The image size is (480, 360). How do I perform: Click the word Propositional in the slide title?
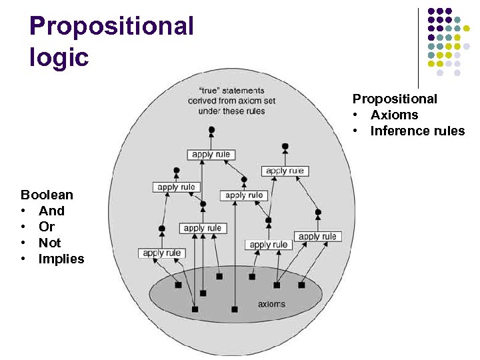pyautogui.click(x=111, y=27)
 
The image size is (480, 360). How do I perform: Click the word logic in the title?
pyautogui.click(x=59, y=57)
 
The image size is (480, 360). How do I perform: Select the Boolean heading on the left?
pyautogui.click(x=47, y=195)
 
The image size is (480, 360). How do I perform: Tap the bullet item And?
pyautogui.click(x=51, y=211)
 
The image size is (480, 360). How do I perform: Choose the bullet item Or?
pyautogui.click(x=47, y=227)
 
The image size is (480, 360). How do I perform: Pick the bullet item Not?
pyautogui.click(x=49, y=243)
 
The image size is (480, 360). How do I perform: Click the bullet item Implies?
pyautogui.click(x=61, y=259)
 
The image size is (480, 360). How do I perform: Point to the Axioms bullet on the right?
pyautogui.click(x=394, y=115)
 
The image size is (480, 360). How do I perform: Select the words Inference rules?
pyautogui.click(x=417, y=131)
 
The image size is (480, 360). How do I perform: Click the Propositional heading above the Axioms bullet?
pyautogui.click(x=395, y=99)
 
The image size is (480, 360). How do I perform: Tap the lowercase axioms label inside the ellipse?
pyautogui.click(x=271, y=304)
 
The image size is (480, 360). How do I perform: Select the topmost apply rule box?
pyautogui.click(x=211, y=155)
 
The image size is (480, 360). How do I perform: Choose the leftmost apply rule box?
pyautogui.click(x=162, y=253)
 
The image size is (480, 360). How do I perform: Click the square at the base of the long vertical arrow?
pyautogui.click(x=234, y=309)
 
